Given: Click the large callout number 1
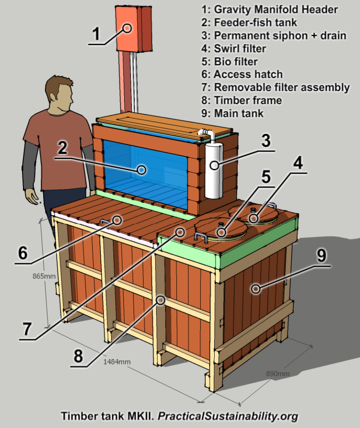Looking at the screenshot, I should [96, 34].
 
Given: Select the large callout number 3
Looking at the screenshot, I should [266, 141].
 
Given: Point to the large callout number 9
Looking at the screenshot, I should [322, 256].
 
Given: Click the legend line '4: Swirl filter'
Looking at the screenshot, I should [240, 48].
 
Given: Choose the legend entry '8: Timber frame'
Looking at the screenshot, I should [248, 100].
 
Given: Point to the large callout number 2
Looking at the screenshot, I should [62, 149].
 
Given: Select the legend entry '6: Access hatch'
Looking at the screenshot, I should [248, 74].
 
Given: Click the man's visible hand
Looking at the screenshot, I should [33, 196].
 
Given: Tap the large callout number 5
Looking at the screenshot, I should [266, 176].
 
